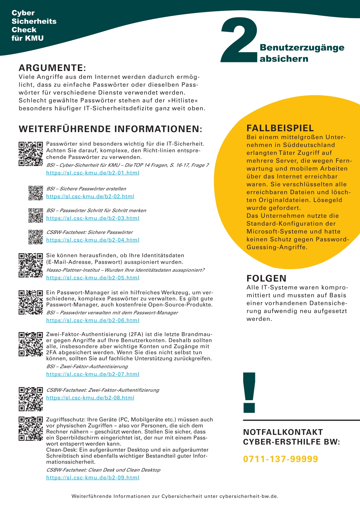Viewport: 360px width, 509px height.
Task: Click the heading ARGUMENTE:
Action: click(x=52, y=68)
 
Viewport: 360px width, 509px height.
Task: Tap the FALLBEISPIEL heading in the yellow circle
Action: click(x=280, y=128)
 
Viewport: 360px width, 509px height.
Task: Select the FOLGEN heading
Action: click(x=266, y=278)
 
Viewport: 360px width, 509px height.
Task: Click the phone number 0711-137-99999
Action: click(x=280, y=459)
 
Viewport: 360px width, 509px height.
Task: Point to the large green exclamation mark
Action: click(x=249, y=393)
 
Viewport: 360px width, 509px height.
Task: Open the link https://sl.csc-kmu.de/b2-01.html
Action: click(x=93, y=173)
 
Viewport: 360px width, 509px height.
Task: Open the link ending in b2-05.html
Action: click(x=93, y=278)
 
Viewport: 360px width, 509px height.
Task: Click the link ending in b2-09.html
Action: click(x=93, y=478)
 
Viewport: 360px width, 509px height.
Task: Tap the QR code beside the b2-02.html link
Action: click(x=36, y=193)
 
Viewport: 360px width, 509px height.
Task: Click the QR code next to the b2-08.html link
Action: click(x=31, y=399)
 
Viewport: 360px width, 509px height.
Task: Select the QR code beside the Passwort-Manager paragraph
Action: click(x=31, y=302)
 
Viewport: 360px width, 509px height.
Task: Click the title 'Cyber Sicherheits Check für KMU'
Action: click(x=34, y=25)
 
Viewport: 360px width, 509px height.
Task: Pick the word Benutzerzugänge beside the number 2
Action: click(x=302, y=47)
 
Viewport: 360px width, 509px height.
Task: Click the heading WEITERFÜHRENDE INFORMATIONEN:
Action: click(x=110, y=129)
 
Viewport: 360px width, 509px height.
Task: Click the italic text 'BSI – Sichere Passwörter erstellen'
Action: click(x=86, y=189)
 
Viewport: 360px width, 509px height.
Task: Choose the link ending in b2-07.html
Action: click(x=93, y=374)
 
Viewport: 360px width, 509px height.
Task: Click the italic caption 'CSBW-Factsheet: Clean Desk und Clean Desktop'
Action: click(x=103, y=470)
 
